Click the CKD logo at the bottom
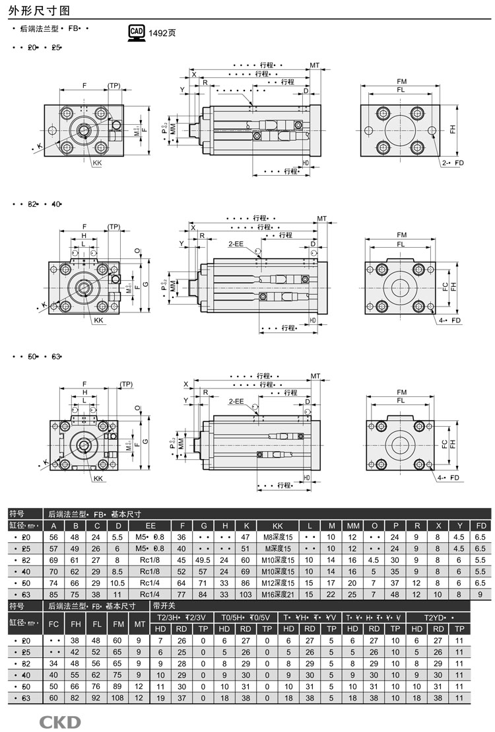click(59, 721)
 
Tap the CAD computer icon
click(136, 32)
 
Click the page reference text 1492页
click(162, 33)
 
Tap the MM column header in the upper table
click(352, 525)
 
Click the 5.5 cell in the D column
click(118, 537)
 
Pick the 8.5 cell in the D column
click(118, 571)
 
